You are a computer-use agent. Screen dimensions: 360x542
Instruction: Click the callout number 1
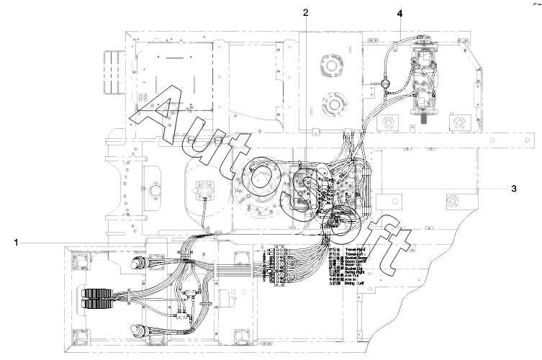(15, 243)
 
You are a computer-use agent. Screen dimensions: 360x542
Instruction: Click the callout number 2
(306, 13)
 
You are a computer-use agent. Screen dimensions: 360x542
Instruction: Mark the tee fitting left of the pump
(387, 84)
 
